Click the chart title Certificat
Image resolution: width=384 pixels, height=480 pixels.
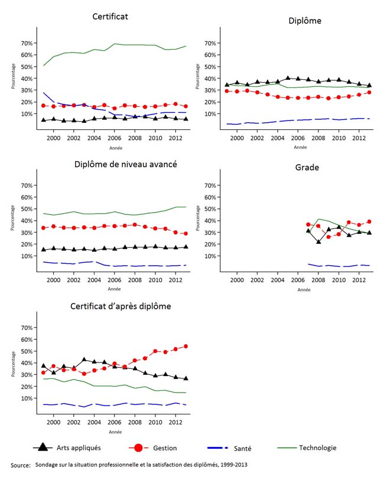[110, 17]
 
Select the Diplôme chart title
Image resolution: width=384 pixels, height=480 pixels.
[305, 21]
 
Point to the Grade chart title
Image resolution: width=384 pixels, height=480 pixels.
[307, 168]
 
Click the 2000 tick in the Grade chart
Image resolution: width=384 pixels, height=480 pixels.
[237, 280]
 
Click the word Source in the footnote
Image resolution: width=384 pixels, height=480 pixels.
[21, 466]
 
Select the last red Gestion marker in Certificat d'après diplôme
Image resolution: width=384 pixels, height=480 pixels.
[186, 347]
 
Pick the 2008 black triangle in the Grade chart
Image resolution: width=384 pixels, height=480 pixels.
[318, 241]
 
